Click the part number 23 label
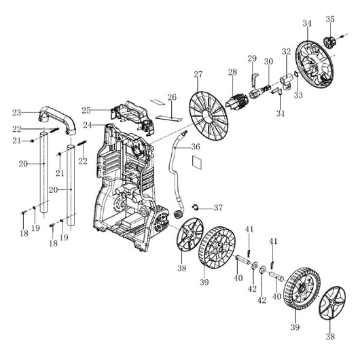(x=16, y=113)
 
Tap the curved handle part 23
(x=57, y=117)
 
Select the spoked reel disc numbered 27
(x=209, y=116)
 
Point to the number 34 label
(x=307, y=23)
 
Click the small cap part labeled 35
(x=329, y=42)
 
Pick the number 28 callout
(x=232, y=72)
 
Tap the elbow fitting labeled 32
(x=286, y=82)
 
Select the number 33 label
(x=298, y=95)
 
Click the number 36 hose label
(x=196, y=147)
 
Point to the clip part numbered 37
(x=195, y=207)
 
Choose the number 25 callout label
(x=86, y=111)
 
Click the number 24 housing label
(x=87, y=125)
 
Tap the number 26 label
(x=172, y=97)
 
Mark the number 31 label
(x=280, y=113)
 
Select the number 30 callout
(x=268, y=62)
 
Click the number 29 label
(x=252, y=58)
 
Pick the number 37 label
(x=218, y=208)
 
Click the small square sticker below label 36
(x=197, y=162)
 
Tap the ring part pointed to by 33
(x=296, y=75)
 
